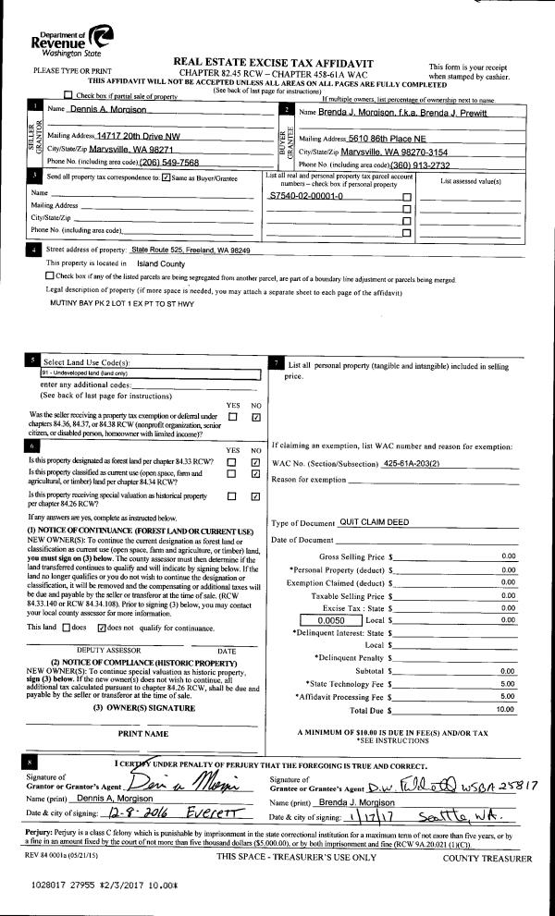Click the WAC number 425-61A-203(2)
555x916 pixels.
point(418,461)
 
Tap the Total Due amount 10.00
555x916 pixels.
point(505,710)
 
